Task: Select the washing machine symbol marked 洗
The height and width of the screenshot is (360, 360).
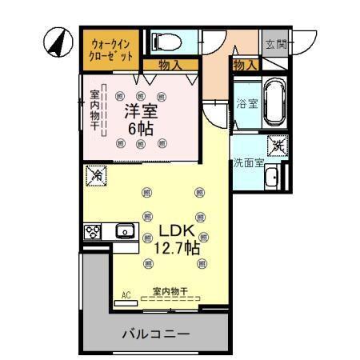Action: point(276,146)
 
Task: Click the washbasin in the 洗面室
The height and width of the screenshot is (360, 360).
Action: point(272,177)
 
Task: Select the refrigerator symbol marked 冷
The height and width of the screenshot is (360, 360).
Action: point(96,174)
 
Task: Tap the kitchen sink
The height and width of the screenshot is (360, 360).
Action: point(124,232)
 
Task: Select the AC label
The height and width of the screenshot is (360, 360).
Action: point(126,295)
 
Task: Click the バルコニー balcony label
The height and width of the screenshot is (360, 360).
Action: point(156,334)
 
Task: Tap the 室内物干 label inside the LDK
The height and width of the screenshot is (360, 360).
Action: point(169,291)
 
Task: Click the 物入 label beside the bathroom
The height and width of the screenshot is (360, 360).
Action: point(245,64)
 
